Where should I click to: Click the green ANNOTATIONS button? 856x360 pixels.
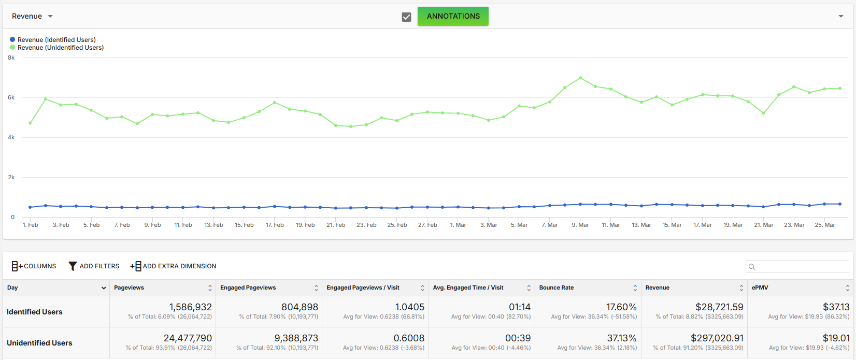[x=453, y=16]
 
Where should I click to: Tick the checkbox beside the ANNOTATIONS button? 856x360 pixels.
[x=406, y=17]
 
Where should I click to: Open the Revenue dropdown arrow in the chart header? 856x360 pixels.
[x=50, y=17]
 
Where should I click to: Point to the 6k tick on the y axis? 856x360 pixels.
[x=11, y=97]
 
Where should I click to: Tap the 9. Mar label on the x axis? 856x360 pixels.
[x=580, y=225]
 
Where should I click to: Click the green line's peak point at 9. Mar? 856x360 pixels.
[x=580, y=78]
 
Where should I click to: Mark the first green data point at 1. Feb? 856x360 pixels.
[x=30, y=123]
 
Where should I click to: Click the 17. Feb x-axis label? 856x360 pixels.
[x=275, y=225]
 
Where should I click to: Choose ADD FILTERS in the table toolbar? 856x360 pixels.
[x=94, y=266]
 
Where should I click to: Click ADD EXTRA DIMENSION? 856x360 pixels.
[x=173, y=266]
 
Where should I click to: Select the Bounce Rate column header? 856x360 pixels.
[x=556, y=287]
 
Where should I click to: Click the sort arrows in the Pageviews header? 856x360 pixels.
[x=210, y=288]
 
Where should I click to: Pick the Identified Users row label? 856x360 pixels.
[x=34, y=312]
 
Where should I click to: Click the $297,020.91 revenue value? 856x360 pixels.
[x=717, y=338]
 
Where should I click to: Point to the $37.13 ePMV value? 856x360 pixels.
[x=836, y=307]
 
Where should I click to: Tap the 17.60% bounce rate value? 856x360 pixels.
[x=621, y=307]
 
